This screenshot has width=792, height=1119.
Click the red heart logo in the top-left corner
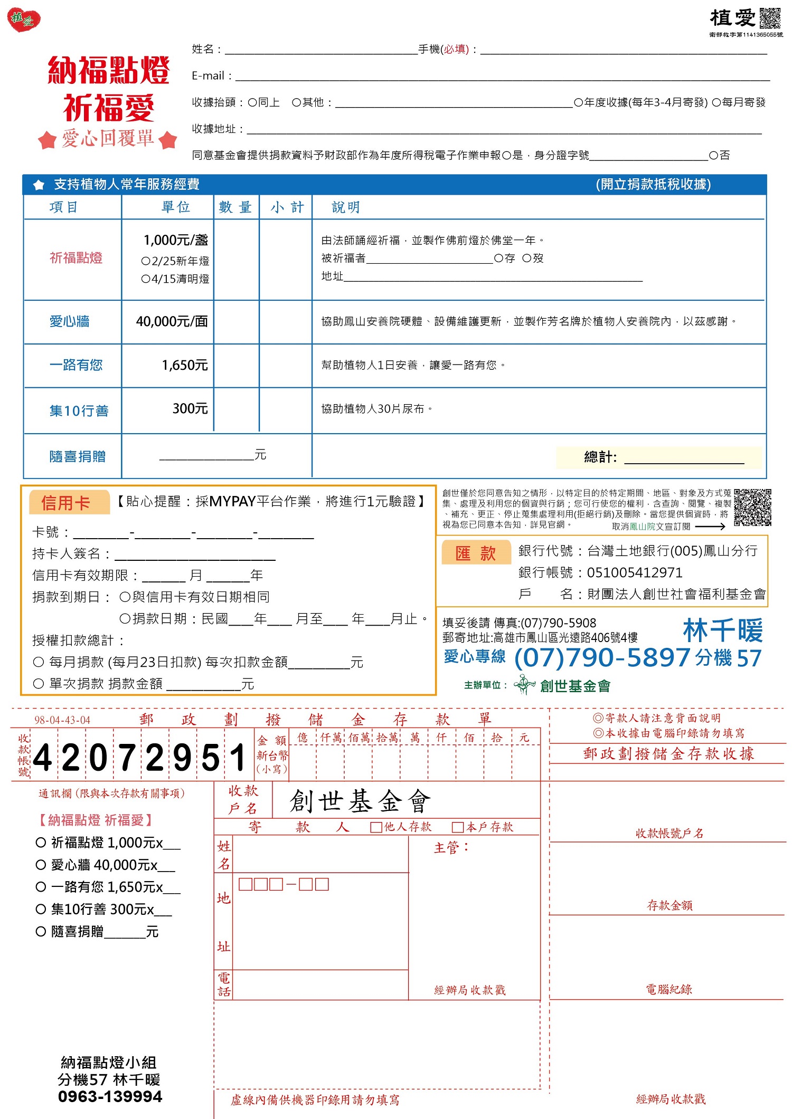(x=24, y=20)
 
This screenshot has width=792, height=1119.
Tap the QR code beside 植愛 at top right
(x=770, y=19)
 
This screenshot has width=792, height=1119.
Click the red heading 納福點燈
(x=108, y=70)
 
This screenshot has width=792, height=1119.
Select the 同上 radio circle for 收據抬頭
(x=252, y=102)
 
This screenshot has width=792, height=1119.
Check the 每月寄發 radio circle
(x=716, y=102)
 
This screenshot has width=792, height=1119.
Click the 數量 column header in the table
(x=235, y=207)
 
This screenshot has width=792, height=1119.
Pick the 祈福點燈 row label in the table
(x=76, y=258)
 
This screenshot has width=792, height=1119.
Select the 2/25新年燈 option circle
(x=146, y=261)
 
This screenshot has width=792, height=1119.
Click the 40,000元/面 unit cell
(x=172, y=321)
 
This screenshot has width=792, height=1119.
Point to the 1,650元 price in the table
(x=185, y=365)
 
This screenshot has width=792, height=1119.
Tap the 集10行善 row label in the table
(x=79, y=410)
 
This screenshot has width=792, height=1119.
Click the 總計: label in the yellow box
(x=600, y=457)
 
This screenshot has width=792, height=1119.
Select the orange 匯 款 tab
(x=475, y=553)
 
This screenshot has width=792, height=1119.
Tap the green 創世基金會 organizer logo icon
(x=524, y=685)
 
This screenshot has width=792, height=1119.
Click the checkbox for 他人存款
(x=376, y=827)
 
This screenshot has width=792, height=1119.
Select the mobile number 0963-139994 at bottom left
(x=110, y=1096)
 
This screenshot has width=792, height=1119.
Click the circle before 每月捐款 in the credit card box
(x=39, y=662)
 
